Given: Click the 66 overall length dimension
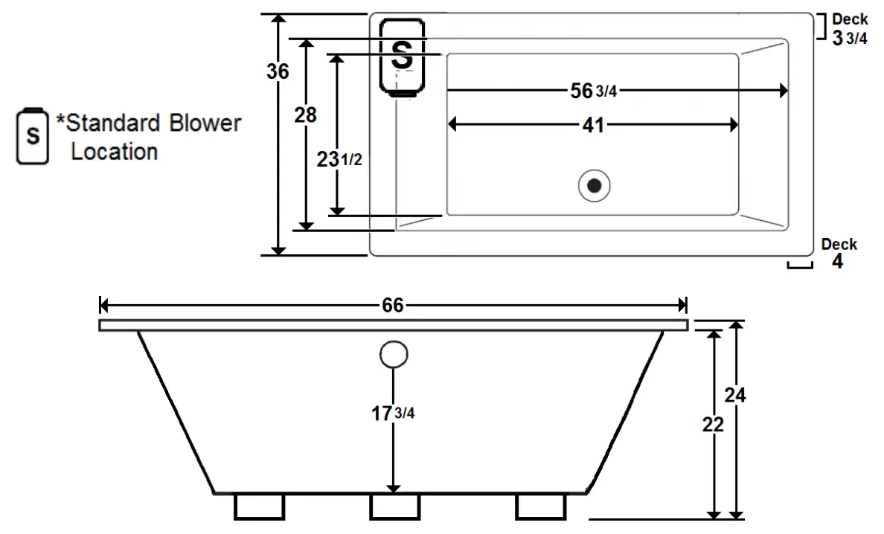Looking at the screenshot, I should [393, 306].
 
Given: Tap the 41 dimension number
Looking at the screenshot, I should [592, 126].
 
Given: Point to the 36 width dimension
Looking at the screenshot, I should [278, 71].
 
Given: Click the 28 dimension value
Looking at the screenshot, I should [305, 115].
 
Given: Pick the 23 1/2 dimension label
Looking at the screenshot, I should [339, 159].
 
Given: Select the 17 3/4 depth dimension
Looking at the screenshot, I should [393, 414].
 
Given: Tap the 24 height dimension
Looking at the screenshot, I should [735, 394].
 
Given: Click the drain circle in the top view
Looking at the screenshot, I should [595, 185].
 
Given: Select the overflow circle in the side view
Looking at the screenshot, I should [393, 355].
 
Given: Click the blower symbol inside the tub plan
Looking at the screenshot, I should [402, 57].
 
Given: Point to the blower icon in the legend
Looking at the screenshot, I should [32, 136].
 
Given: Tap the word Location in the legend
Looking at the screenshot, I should [114, 152].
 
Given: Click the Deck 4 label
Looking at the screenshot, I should [838, 254].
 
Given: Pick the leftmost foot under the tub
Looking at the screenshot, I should [259, 506].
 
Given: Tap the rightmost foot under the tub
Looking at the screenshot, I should [540, 506].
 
